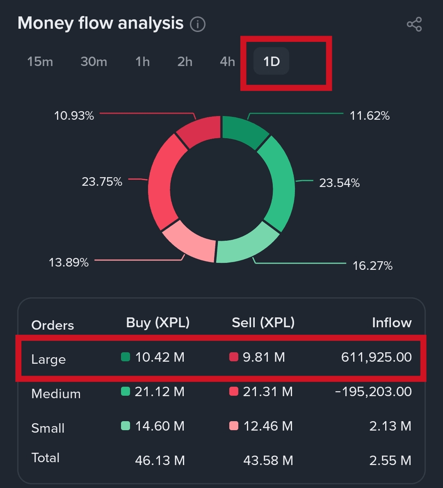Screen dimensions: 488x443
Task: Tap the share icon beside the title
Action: point(414,24)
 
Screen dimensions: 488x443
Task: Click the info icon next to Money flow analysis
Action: point(198,24)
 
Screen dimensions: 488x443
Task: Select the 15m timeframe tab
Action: point(40,62)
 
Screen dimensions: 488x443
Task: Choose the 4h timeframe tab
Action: point(227,62)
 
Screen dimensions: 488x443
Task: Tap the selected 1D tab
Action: point(272,62)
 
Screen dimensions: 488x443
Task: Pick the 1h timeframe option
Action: point(143,62)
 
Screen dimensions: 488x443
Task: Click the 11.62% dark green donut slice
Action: point(243,132)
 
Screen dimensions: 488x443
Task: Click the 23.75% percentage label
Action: point(102,181)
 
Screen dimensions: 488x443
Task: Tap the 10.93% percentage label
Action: point(74,116)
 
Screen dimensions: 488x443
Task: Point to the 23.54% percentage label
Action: point(339,182)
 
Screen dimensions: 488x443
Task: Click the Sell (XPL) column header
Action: point(263,323)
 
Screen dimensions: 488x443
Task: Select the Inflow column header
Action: point(391,323)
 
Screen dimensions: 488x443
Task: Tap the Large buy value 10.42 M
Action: point(160,357)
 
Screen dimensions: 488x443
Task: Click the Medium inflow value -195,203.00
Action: point(373,392)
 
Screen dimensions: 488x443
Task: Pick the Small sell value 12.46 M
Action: point(268,426)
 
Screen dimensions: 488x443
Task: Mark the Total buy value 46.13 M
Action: point(160,461)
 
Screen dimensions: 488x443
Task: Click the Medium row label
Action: point(56,394)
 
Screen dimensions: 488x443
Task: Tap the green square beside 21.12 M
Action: point(126,391)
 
